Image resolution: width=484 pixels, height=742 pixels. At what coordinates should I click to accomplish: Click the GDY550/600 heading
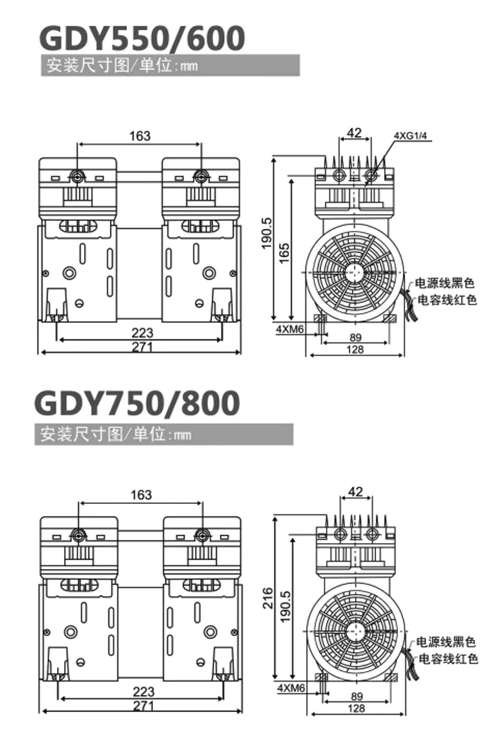(142, 38)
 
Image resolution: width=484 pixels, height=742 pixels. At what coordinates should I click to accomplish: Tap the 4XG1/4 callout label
(410, 136)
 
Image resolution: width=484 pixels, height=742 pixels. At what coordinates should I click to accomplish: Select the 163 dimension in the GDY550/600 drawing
(140, 136)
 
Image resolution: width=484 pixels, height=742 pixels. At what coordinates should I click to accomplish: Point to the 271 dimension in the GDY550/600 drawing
(142, 347)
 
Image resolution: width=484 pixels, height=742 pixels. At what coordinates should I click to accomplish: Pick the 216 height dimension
(268, 598)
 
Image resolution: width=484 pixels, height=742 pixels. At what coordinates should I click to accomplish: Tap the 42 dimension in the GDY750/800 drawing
(356, 492)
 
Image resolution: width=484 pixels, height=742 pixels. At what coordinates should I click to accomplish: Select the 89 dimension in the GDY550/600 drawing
(356, 337)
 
